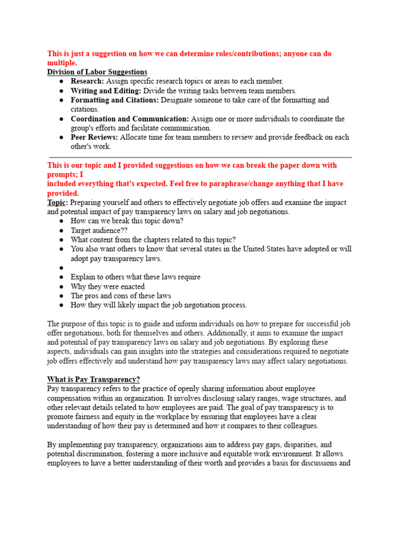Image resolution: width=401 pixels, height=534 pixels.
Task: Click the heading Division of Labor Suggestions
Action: pyautogui.click(x=97, y=72)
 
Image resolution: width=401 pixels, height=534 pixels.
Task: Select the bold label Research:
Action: pyautogui.click(x=87, y=81)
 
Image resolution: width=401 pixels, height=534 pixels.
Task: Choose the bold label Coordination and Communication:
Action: pyautogui.click(x=130, y=119)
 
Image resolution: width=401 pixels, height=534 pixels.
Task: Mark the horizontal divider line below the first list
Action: pyautogui.click(x=200, y=156)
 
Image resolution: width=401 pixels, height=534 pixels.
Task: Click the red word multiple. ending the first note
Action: pyautogui.click(x=62, y=63)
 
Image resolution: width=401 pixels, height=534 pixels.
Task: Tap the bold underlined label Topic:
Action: pyautogui.click(x=57, y=202)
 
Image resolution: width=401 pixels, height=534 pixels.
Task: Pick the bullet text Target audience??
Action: pyautogui.click(x=99, y=230)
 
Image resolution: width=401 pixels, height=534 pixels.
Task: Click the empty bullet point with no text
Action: pyautogui.click(x=62, y=268)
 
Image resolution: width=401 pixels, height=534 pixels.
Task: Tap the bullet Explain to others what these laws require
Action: pyautogui.click(x=135, y=277)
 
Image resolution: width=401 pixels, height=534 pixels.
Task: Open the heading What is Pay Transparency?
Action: pyautogui.click(x=93, y=379)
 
